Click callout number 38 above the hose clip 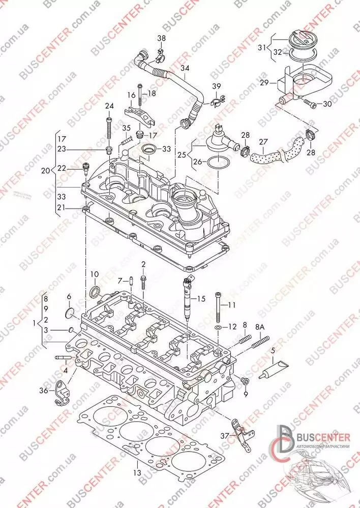pos(161,39)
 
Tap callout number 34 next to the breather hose pos(185,69)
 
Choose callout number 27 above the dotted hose pos(263,142)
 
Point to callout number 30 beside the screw pos(326,104)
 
